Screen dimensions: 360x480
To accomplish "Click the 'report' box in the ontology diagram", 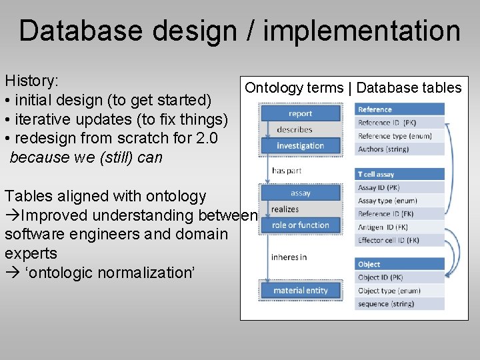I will point(300,113).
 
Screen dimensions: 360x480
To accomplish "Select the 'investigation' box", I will point(300,145).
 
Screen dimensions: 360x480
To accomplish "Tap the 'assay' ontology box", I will point(300,193).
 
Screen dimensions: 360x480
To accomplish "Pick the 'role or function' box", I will point(300,225).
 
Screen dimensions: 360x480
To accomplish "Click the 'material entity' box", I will point(300,290).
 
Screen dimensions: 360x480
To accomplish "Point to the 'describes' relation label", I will point(294,129).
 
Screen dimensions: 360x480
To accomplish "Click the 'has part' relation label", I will point(287,171).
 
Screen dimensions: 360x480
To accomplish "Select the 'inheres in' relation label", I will point(289,257).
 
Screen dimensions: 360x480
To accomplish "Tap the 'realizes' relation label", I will point(285,209).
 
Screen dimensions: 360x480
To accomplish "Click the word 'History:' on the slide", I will point(32,81).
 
